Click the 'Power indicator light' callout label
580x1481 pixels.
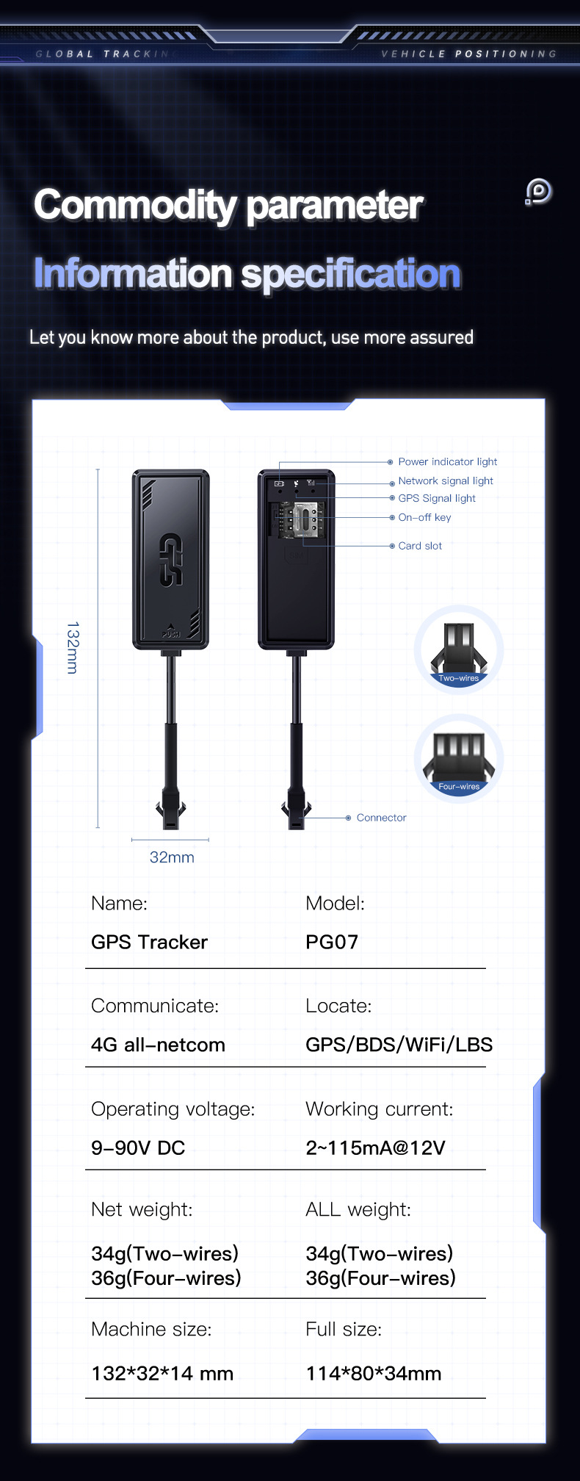coord(447,462)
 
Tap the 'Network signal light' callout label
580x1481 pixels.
coord(446,481)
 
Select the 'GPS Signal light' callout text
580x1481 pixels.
coord(437,499)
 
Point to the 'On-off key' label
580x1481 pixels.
coord(424,518)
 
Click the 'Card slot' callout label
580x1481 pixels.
coord(420,546)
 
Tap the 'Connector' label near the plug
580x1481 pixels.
coord(381,818)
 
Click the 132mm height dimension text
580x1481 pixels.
coord(73,648)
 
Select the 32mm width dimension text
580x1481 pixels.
coord(172,857)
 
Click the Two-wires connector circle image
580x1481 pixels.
coord(459,649)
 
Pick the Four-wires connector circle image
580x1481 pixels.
coord(459,758)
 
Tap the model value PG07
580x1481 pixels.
coord(332,942)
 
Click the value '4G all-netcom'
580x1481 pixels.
coord(158,1045)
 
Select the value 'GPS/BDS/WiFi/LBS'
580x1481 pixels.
coord(399,1045)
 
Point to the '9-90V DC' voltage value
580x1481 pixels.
coord(138,1147)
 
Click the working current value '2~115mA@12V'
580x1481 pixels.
coord(375,1147)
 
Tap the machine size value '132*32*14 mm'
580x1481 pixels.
coord(162,1373)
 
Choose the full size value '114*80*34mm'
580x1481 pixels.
coord(373,1373)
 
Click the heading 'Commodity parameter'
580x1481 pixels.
coord(228,205)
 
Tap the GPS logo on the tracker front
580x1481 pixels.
coord(170,560)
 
